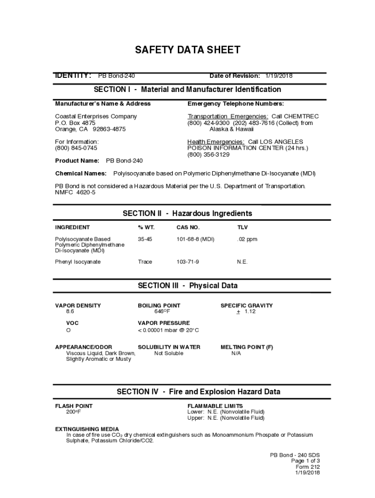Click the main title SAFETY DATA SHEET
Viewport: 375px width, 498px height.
[187, 50]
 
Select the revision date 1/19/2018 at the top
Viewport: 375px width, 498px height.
[279, 76]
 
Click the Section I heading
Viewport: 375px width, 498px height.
[187, 89]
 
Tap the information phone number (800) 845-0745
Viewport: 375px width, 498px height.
[76, 148]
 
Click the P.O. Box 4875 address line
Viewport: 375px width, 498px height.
[75, 123]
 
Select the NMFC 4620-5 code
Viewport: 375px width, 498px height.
[75, 193]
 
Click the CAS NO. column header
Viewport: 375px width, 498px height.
[188, 227]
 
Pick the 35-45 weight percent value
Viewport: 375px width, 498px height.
[145, 239]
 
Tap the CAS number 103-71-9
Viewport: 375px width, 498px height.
[187, 262]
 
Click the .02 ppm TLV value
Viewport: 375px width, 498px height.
[247, 239]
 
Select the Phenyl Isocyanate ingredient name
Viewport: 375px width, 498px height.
[78, 262]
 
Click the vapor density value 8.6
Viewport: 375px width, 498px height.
[70, 311]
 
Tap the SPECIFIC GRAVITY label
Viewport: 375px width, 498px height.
[246, 305]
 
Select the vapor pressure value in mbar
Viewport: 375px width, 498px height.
[169, 331]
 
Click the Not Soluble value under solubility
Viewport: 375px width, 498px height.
[169, 353]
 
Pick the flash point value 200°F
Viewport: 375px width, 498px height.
[74, 412]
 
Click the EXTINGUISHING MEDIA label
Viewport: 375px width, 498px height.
[87, 429]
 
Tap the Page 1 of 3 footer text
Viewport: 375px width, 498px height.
[305, 461]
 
